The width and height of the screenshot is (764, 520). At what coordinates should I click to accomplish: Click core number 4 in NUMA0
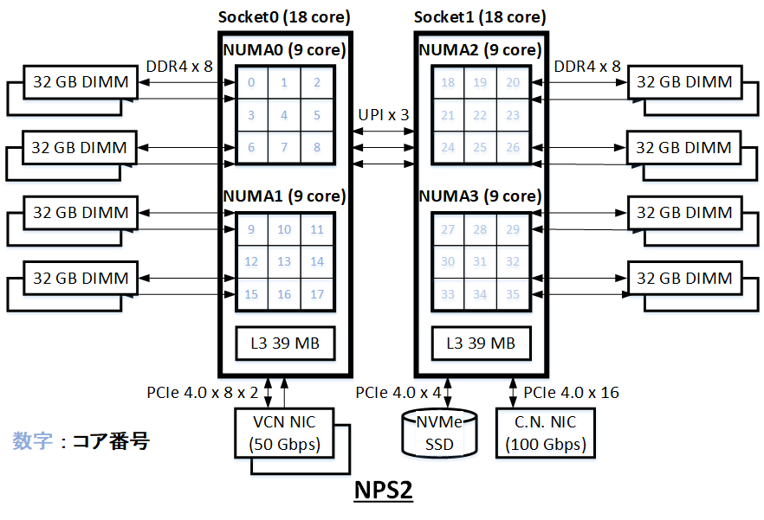284,115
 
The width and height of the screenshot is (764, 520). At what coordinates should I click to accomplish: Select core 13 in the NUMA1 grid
284,262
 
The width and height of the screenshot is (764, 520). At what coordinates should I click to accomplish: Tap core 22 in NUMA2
481,115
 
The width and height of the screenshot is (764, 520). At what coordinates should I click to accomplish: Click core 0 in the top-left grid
251,83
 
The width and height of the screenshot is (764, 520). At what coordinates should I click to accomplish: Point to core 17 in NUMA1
317,295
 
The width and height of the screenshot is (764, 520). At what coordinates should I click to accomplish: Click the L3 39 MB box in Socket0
284,343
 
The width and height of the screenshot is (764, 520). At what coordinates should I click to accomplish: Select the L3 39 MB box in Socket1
481,343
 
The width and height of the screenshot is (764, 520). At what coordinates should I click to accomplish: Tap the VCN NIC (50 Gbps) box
283,433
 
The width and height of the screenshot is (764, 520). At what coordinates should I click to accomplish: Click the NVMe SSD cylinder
438,433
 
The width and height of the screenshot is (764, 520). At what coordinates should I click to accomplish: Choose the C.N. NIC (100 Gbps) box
546,433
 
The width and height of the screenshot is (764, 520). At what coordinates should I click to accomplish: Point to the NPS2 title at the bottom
383,491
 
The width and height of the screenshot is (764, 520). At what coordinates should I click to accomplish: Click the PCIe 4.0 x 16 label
572,393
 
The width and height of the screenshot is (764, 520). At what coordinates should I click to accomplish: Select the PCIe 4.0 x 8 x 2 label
203,393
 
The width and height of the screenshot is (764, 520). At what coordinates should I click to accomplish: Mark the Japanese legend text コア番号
111,441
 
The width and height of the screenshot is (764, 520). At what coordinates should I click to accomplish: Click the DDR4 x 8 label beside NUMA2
587,66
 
